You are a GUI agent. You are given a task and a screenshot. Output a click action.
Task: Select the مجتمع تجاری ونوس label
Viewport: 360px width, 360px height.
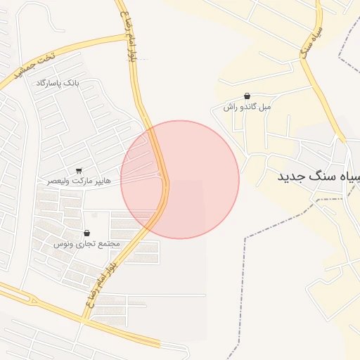(86, 243)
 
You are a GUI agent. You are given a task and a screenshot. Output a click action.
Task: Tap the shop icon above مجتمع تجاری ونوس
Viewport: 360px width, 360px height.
(86, 233)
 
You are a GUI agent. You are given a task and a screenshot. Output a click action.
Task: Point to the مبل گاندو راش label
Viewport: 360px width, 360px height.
(247, 107)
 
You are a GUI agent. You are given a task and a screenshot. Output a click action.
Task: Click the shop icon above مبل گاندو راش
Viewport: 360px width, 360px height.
(247, 96)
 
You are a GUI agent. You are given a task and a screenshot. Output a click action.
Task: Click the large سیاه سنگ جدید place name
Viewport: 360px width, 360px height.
(318, 176)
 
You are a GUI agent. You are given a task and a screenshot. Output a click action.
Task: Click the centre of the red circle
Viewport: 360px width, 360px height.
(180, 180)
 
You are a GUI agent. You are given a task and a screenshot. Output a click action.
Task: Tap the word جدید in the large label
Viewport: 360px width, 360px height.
(290, 176)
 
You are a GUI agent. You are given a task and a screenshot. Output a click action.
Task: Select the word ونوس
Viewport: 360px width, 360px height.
(63, 243)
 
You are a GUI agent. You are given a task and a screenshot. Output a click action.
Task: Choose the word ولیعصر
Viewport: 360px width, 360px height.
(57, 181)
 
